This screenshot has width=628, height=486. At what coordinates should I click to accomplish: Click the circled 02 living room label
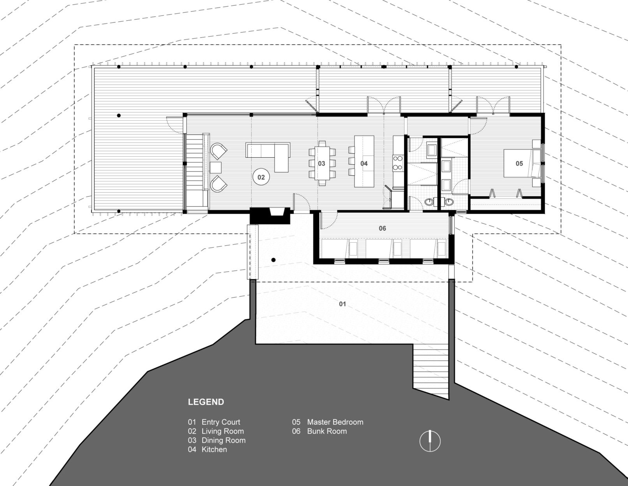click(261, 177)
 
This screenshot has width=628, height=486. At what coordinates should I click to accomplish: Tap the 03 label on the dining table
click(321, 164)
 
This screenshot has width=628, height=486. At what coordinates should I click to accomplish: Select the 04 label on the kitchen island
click(364, 164)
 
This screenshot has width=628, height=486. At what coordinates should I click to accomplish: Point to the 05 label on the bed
click(519, 164)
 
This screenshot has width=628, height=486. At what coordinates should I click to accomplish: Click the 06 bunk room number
click(382, 229)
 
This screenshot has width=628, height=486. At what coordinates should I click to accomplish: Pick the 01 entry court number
click(342, 304)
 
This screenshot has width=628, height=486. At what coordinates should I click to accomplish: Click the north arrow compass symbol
click(430, 441)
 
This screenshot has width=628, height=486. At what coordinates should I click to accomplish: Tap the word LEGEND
click(206, 402)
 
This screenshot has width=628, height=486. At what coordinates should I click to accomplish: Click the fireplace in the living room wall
click(270, 215)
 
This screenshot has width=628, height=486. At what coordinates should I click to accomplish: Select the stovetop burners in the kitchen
click(398, 162)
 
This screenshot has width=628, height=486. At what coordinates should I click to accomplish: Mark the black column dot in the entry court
click(273, 260)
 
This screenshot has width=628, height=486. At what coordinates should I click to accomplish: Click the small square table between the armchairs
click(215, 167)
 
